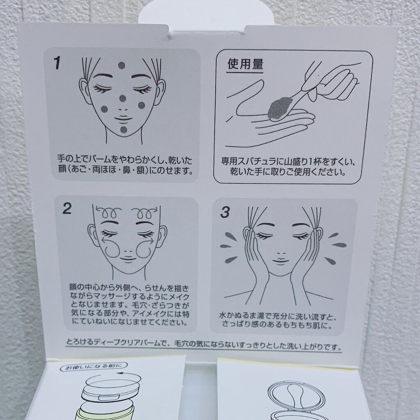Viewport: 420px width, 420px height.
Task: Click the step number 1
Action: [x=57, y=63]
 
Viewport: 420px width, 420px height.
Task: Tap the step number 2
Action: [x=67, y=208]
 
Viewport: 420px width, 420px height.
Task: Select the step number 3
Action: [x=225, y=212]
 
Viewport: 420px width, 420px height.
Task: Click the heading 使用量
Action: [x=245, y=64]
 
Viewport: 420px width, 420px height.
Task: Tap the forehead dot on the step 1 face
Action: [x=121, y=65]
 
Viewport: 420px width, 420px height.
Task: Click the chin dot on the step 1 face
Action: [x=123, y=130]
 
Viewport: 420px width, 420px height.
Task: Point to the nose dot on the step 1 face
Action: [x=123, y=98]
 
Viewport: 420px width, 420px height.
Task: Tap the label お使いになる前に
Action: [x=94, y=366]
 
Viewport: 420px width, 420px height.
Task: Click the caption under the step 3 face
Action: [x=277, y=320]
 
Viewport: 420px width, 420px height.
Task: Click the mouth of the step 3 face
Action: [x=281, y=261]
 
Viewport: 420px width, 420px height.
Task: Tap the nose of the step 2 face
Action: [x=128, y=252]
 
